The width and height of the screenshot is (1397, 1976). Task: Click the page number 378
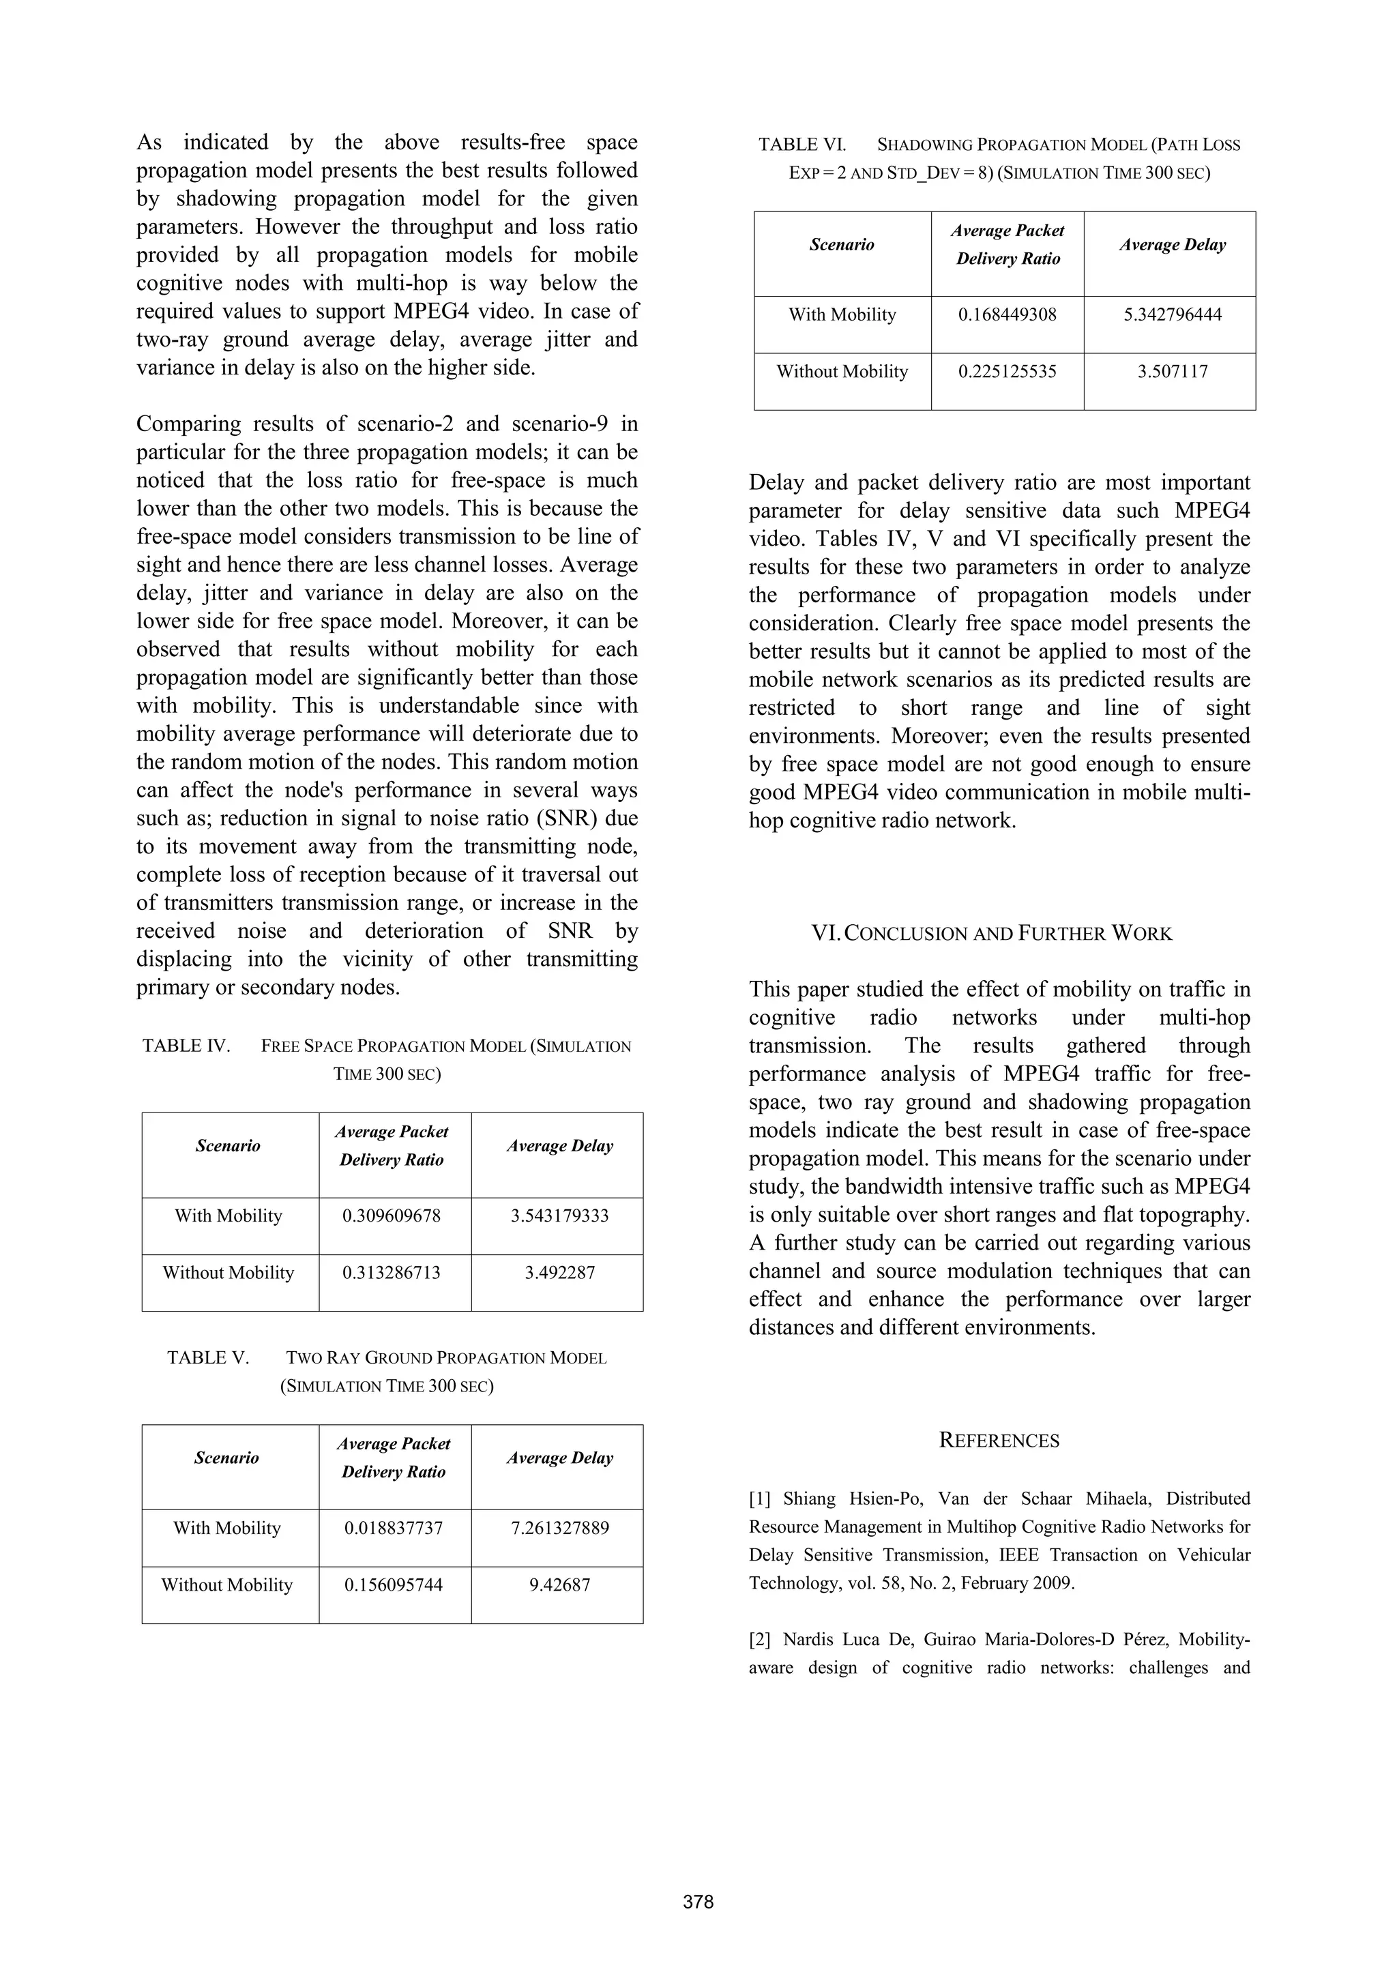click(698, 1902)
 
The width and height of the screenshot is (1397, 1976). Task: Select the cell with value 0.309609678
click(392, 1216)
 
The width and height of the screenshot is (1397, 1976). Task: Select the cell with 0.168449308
click(1007, 315)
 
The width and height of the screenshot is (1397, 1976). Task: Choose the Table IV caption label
click(187, 1046)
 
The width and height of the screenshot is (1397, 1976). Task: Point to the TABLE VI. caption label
click(802, 145)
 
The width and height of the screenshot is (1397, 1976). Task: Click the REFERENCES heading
click(999, 1441)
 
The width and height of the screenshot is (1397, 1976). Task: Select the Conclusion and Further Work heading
click(992, 934)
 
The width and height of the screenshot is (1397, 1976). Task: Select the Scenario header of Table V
click(226, 1458)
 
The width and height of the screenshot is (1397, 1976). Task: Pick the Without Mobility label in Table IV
click(228, 1273)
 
